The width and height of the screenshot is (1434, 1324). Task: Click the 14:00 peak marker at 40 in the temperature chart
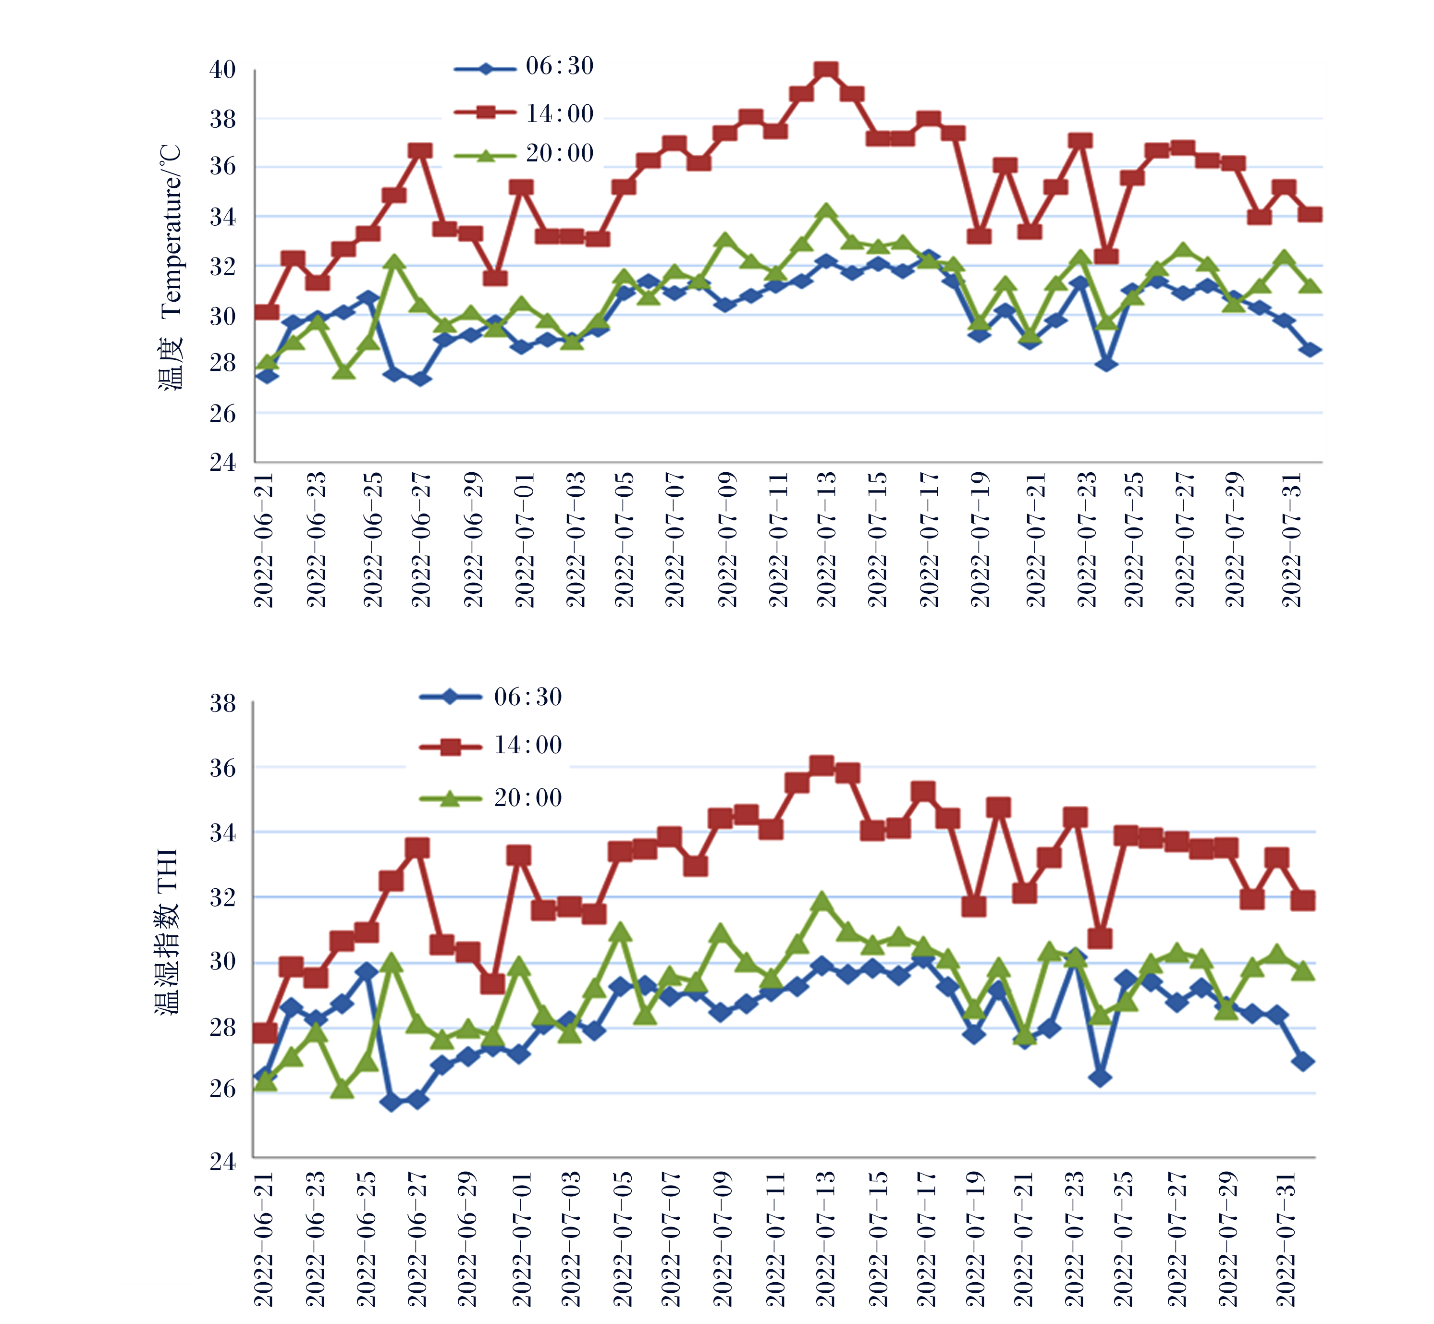(x=826, y=70)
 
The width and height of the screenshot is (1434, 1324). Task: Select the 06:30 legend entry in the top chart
(x=524, y=67)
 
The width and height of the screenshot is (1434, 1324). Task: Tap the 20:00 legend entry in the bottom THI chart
(x=490, y=797)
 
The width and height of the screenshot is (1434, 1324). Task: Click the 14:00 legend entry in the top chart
(x=524, y=113)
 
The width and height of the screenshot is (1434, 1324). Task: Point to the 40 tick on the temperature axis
(x=222, y=70)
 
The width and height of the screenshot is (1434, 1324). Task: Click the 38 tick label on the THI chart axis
(x=222, y=703)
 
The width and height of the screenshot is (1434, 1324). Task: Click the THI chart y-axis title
(x=167, y=932)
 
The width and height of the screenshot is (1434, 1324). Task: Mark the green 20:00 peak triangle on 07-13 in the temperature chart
(x=826, y=211)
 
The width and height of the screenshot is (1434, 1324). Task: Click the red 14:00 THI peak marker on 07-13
(x=821, y=765)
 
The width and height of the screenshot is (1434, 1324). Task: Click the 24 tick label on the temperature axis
(x=222, y=462)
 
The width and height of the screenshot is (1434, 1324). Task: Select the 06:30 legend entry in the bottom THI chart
(x=490, y=697)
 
